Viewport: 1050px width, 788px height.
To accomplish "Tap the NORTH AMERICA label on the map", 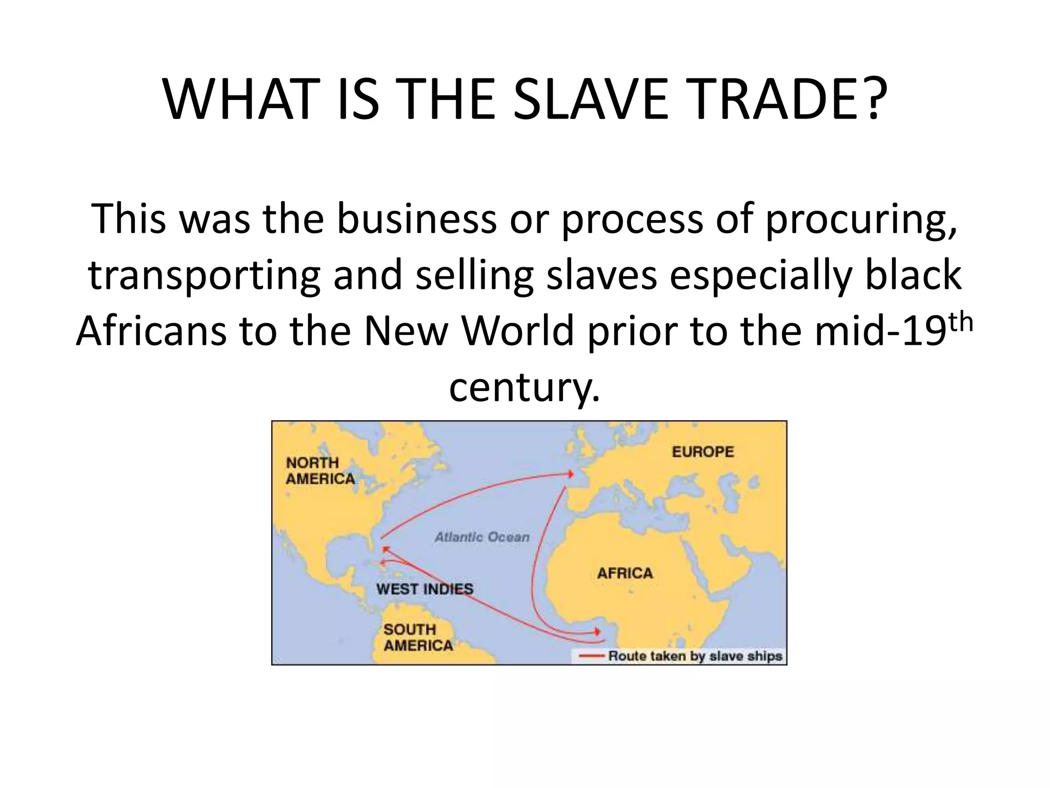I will point(319,471).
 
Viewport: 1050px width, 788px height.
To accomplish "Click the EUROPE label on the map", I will point(702,452).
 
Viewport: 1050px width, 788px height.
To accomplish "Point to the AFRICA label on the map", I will point(624,573).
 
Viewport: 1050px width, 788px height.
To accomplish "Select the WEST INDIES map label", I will point(425,589).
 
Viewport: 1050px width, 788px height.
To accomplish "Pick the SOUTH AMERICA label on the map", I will point(418,637).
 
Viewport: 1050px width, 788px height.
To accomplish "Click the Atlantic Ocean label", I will point(482,537).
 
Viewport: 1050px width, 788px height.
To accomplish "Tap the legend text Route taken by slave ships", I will point(695,656).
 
